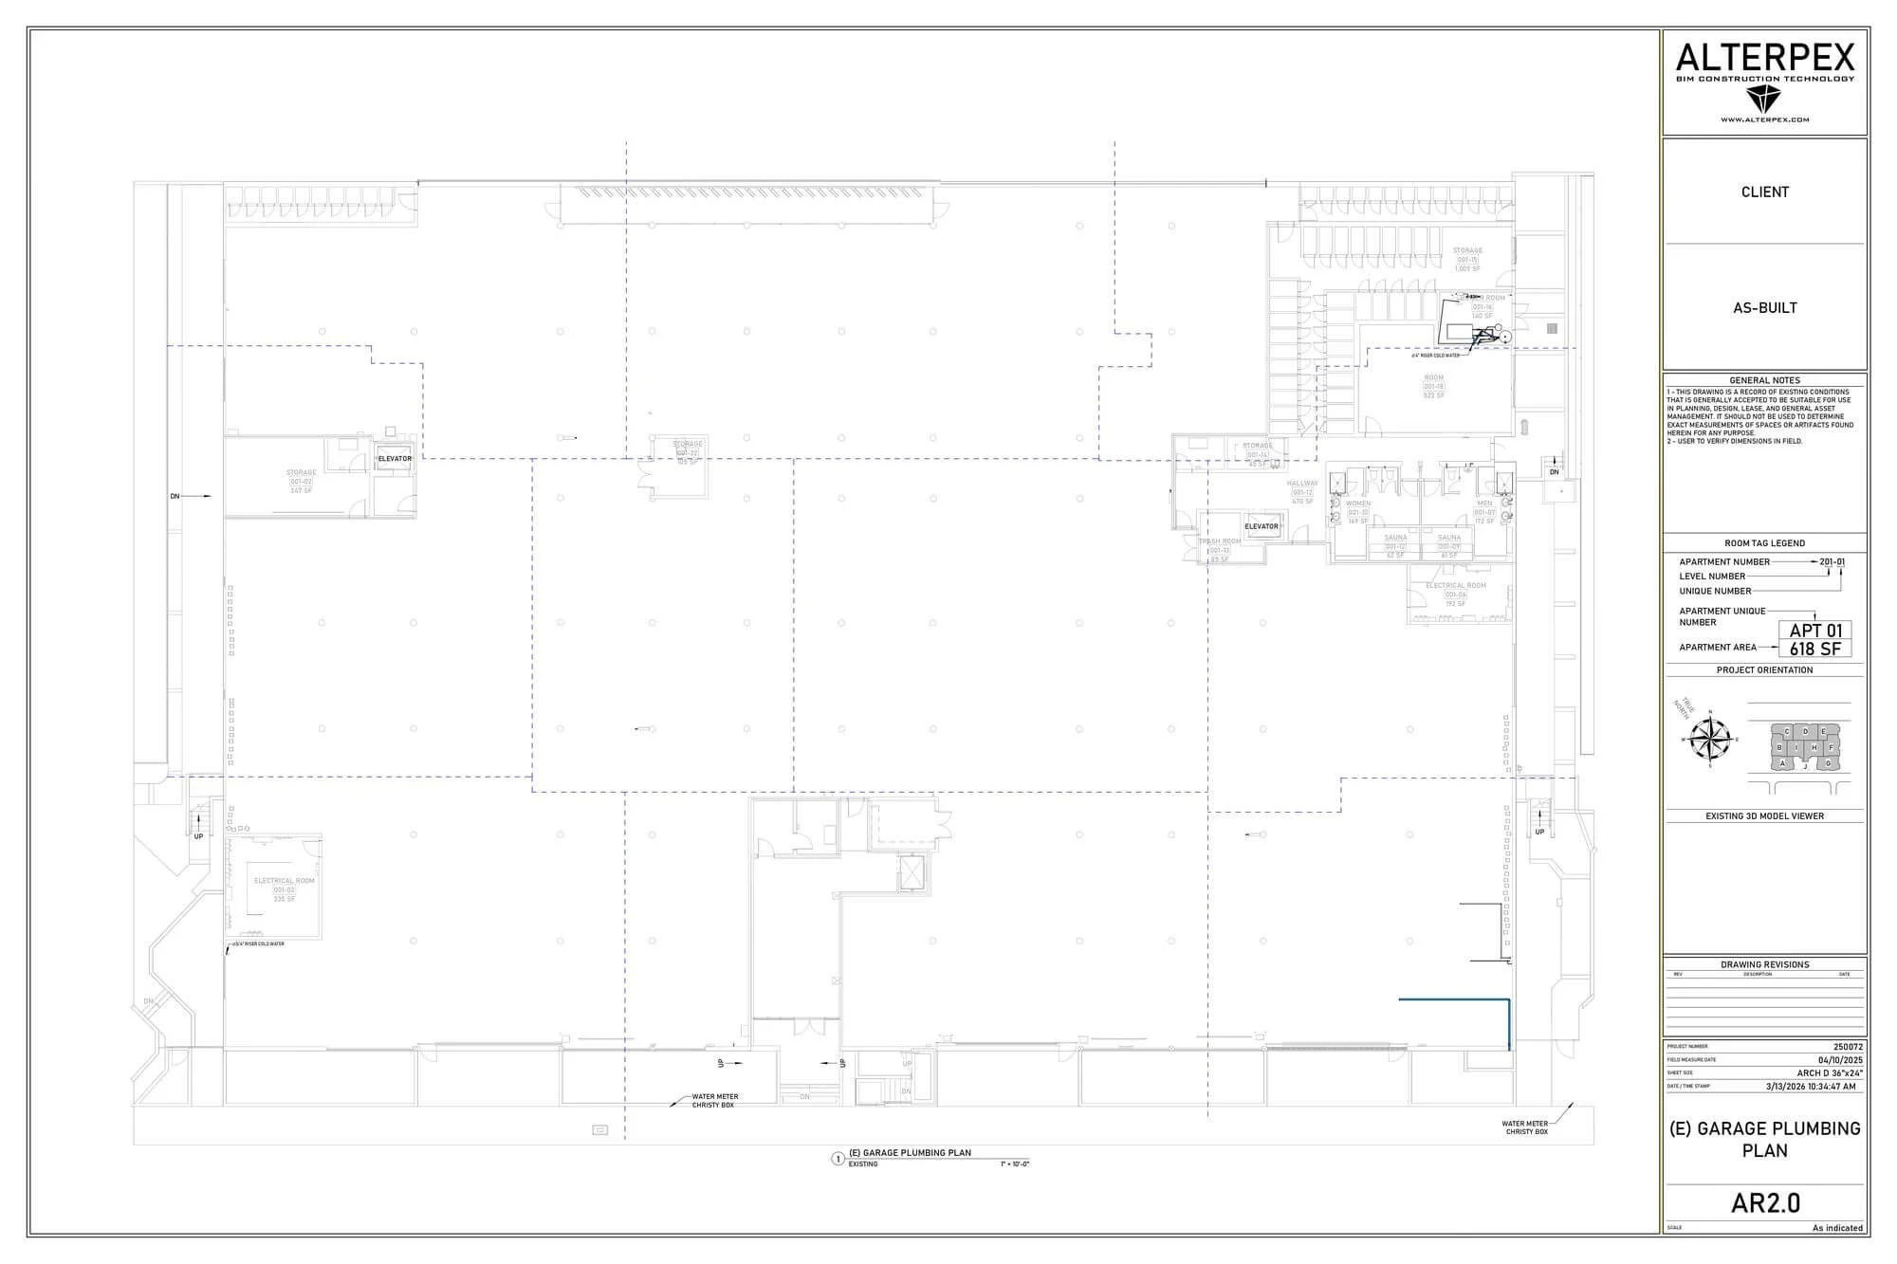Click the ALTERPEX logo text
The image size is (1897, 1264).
[1764, 59]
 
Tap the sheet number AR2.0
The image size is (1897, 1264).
[1765, 1203]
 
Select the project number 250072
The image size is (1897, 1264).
[1848, 1047]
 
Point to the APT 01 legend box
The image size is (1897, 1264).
[1815, 631]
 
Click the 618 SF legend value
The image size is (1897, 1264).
[1815, 650]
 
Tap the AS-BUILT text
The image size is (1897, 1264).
[1765, 307]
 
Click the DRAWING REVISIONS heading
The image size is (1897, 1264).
[1765, 964]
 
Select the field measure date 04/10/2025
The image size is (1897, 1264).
[1841, 1060]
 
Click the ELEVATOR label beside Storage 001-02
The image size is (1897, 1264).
[395, 459]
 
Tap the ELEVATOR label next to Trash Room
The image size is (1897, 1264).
[1261, 526]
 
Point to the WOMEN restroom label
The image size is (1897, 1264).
[1357, 504]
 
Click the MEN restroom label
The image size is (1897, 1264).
[1484, 504]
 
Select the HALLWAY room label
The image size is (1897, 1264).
[1302, 484]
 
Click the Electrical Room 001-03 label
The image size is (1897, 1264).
[284, 881]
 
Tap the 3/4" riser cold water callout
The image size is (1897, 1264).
[258, 944]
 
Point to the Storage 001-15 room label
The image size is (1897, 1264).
[1467, 251]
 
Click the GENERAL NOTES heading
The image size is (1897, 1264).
[1765, 380]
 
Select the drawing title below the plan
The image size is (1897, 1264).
[910, 1153]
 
